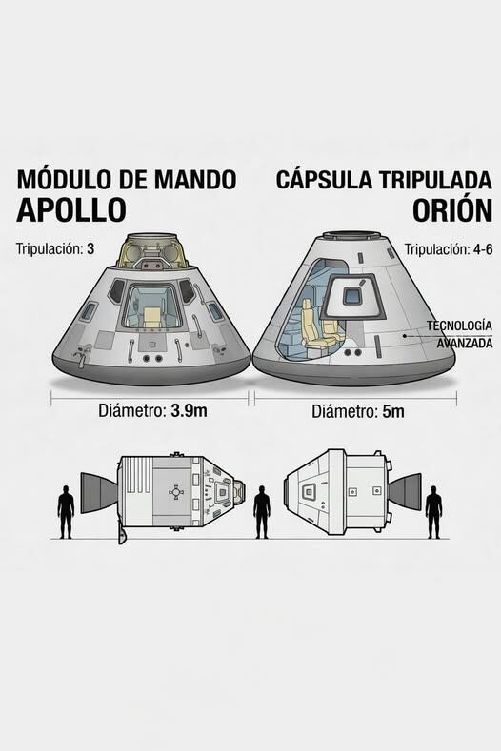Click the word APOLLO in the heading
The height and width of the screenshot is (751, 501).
coord(70,208)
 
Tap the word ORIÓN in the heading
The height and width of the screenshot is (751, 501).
coord(452,209)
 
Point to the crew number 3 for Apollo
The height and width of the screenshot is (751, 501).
coord(90,249)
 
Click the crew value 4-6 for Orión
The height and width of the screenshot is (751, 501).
coord(481,249)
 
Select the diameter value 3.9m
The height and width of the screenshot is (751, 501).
coord(189,410)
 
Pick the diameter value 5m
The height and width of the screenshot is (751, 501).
coord(393,411)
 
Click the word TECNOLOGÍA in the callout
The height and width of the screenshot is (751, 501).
coord(459,326)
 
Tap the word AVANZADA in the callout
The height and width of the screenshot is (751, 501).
coord(465,344)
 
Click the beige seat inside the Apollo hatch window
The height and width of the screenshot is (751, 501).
coord(151,318)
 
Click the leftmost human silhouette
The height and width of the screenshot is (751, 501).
coord(66,511)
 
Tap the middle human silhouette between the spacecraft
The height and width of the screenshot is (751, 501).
coord(261,512)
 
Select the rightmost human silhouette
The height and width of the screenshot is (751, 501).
coord(433,512)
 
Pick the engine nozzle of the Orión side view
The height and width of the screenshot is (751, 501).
coord(405,492)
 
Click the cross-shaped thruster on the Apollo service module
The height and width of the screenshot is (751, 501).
coord(176,492)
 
